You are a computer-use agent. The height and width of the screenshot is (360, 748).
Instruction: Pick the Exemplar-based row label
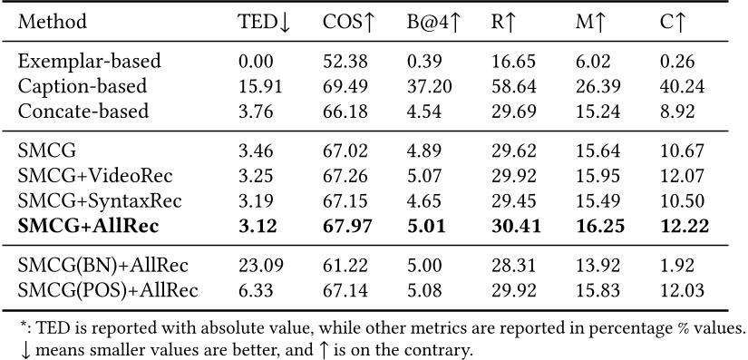pyautogui.click(x=89, y=62)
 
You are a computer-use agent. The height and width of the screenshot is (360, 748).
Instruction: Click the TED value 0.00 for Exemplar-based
pyautogui.click(x=252, y=62)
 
